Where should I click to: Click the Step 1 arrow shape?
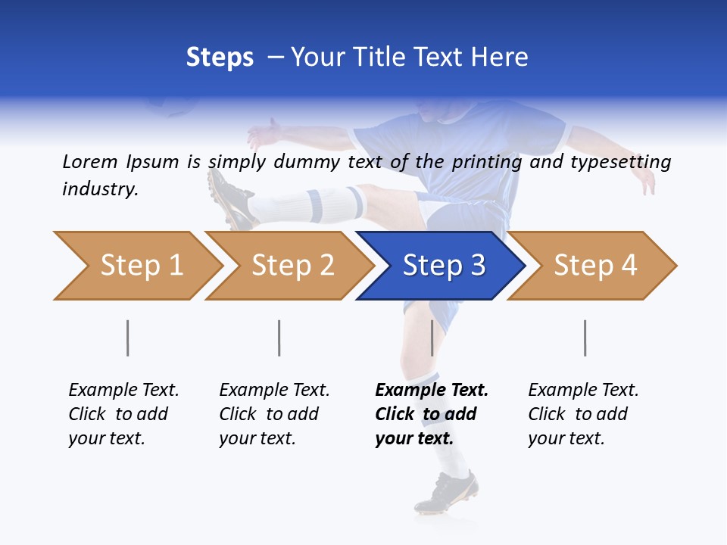pyautogui.click(x=136, y=266)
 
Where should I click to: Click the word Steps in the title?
pyautogui.click(x=220, y=58)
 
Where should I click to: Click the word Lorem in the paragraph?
pyautogui.click(x=89, y=161)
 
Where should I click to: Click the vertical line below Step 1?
pyautogui.click(x=128, y=338)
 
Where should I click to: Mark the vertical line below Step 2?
pyautogui.click(x=279, y=338)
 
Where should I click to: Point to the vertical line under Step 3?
pyautogui.click(x=432, y=338)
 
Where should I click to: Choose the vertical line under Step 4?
pyautogui.click(x=585, y=338)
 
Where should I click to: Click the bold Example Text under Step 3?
pyautogui.click(x=432, y=391)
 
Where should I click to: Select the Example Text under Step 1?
pyautogui.click(x=123, y=391)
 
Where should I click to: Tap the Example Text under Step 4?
pyautogui.click(x=583, y=391)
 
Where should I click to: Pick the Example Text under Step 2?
pyautogui.click(x=274, y=391)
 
